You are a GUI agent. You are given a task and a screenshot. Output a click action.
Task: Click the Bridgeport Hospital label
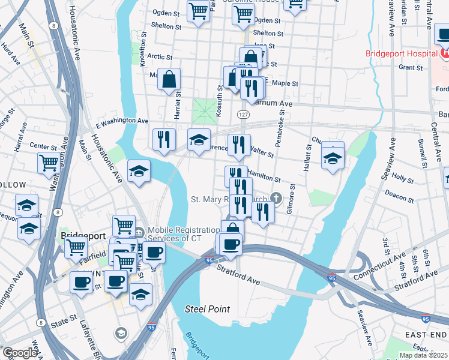[x=401, y=53]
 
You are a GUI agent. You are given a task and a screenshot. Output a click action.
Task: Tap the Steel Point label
[x=207, y=309]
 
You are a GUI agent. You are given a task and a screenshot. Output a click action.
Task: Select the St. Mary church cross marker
[x=276, y=197]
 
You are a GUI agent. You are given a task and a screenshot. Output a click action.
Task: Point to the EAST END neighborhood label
[x=426, y=334]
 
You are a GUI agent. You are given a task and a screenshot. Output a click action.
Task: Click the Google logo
[x=19, y=353]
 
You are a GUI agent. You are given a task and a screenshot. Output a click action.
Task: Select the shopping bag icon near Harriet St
[x=170, y=79]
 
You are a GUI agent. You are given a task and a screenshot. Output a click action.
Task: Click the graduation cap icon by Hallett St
[x=332, y=158]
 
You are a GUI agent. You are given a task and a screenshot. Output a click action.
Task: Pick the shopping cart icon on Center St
[x=49, y=162]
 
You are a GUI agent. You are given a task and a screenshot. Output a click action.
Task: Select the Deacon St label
[x=397, y=193]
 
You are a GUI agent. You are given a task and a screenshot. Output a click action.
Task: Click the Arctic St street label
[x=160, y=56]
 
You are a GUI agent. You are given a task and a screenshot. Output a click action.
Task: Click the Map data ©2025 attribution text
[x=423, y=355]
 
